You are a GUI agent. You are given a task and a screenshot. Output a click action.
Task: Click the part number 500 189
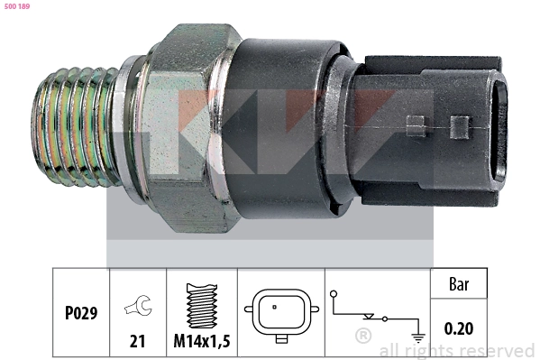(17, 6)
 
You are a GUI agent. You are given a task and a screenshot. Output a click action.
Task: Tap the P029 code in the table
(81, 313)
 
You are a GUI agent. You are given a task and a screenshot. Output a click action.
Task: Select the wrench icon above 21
(138, 305)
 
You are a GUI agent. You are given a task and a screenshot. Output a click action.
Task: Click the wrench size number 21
(137, 341)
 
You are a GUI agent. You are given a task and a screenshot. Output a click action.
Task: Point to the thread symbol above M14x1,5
(202, 306)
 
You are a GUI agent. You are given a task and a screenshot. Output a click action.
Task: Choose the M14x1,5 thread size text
(202, 341)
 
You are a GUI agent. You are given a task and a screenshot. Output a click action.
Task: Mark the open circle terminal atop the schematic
(334, 294)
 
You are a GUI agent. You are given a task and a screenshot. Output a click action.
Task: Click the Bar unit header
(459, 284)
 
